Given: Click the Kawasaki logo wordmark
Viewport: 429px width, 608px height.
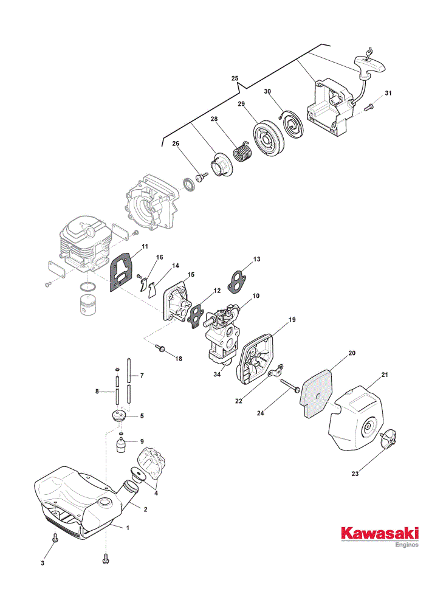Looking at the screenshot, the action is [x=380, y=533].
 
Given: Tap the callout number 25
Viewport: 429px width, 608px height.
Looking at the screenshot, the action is [x=235, y=78].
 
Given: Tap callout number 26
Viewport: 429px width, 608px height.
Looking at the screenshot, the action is [x=176, y=143].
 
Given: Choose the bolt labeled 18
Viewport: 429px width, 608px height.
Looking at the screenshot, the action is [x=160, y=348].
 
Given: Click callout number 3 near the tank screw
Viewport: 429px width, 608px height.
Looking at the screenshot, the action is [x=43, y=563].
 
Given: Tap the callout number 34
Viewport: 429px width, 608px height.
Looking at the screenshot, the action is [x=217, y=374].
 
